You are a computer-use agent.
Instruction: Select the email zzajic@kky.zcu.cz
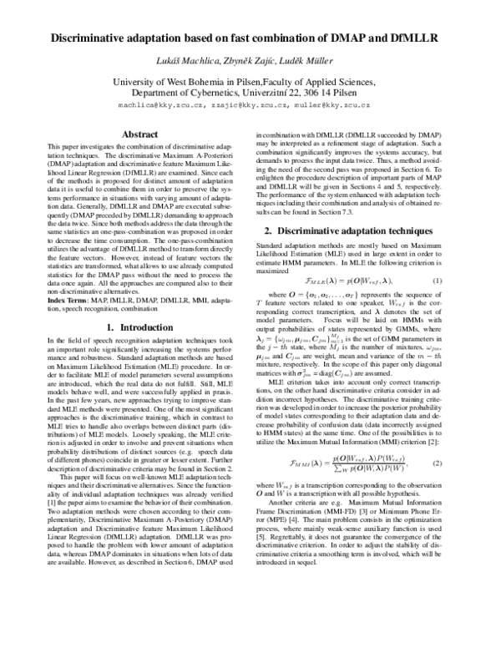[x=246, y=106]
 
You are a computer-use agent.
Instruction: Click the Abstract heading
[x=139, y=134]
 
